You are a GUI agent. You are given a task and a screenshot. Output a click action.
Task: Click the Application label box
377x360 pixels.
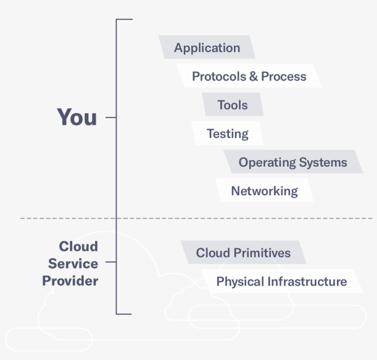point(207,47)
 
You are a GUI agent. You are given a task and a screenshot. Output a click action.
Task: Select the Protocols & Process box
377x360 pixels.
point(249,76)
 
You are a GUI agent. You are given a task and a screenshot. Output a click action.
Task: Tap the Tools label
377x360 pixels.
point(233,105)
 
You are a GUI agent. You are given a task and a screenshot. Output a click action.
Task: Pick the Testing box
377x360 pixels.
point(228,134)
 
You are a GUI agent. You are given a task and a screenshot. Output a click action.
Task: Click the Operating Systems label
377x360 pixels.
point(293,162)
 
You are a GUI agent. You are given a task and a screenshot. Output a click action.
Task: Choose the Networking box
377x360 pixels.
point(264,191)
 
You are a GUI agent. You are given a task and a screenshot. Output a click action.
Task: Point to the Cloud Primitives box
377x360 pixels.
point(243,252)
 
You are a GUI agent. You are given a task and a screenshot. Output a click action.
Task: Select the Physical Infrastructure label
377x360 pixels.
point(281,281)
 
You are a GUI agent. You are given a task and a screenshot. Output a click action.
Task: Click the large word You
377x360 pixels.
point(77,117)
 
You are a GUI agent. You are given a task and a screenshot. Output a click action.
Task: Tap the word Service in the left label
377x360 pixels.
point(73,264)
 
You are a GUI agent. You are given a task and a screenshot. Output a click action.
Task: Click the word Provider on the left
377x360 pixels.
point(70,281)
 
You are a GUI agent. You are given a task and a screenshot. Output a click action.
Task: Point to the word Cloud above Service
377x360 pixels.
point(79,246)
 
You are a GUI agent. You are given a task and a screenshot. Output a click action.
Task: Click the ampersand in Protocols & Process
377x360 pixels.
point(253,76)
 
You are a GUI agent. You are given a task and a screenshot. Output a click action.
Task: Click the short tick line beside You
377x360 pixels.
point(110,117)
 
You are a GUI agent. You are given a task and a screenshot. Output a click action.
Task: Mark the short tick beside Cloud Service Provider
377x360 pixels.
point(110,263)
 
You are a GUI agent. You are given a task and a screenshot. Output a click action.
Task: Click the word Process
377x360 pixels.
point(283,76)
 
